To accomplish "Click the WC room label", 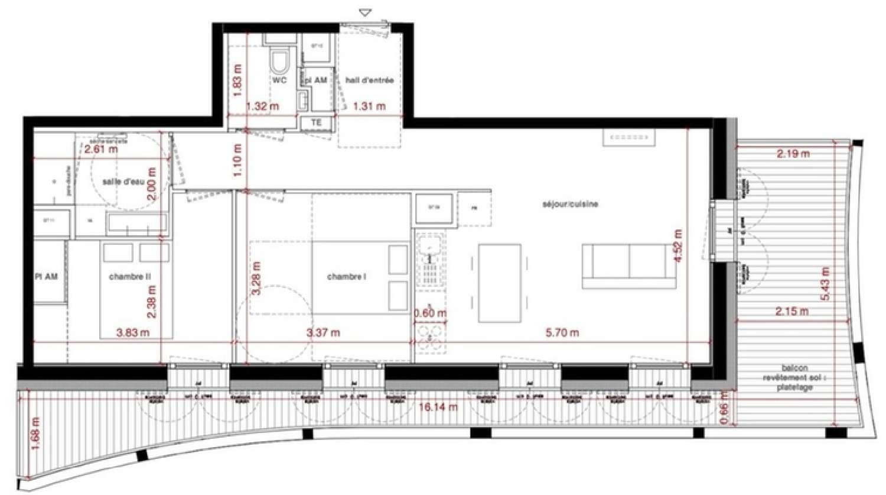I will [x=279, y=80].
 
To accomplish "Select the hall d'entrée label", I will [x=369, y=80].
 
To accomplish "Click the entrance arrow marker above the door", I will [x=366, y=12].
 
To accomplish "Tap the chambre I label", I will [x=347, y=276].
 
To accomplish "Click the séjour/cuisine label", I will [x=570, y=204].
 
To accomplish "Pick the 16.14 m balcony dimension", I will [x=438, y=407].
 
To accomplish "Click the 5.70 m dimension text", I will [x=562, y=333].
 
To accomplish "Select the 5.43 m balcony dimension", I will [x=825, y=284].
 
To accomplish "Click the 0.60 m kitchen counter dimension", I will [x=430, y=313].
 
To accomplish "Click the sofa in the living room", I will [x=629, y=266].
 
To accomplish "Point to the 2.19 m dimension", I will [x=793, y=154].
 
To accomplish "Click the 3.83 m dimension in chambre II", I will [x=132, y=333].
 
